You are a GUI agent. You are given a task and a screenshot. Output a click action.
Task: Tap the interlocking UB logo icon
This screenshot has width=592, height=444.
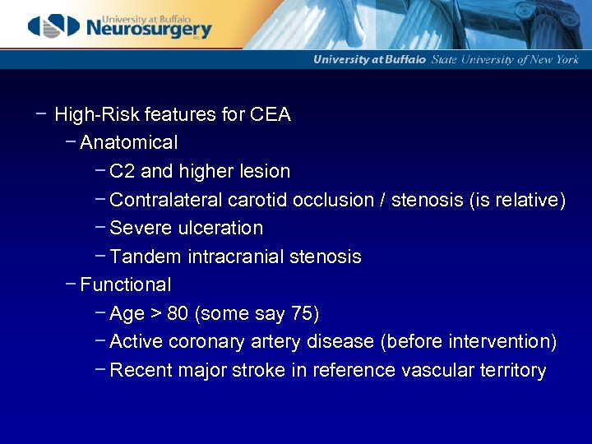[54, 26]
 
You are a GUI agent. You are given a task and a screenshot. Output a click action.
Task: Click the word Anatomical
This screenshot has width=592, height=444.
[128, 143]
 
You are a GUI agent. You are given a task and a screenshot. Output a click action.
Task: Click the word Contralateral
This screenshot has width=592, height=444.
[166, 200]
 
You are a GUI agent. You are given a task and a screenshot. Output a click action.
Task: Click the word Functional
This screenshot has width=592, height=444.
[126, 285]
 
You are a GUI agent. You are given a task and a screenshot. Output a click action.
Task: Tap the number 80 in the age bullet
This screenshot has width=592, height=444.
[178, 314]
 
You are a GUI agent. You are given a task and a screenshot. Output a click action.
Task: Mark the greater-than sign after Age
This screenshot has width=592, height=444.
[156, 314]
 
